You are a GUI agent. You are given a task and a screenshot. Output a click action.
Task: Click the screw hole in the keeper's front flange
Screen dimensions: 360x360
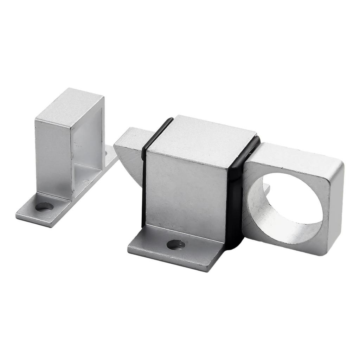pos(45,207)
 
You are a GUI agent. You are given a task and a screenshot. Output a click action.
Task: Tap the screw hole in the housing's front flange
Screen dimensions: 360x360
pos(176,244)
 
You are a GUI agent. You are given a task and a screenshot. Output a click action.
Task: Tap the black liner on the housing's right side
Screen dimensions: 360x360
pos(235,204)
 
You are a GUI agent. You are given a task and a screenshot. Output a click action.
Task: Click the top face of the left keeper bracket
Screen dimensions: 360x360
pos(70,105)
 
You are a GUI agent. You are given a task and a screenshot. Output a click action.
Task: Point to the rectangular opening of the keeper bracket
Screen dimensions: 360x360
pos(88,148)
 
